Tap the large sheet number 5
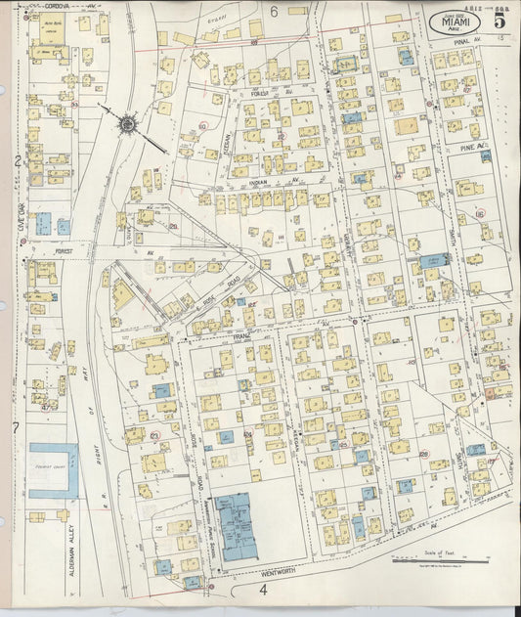(x=499, y=18)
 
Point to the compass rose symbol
(x=127, y=123)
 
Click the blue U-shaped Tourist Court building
(x=53, y=470)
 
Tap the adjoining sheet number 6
(x=275, y=11)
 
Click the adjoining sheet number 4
(x=263, y=590)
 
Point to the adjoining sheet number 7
(x=16, y=428)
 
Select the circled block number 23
(x=154, y=435)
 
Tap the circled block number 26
(x=423, y=454)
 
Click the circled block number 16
(x=479, y=213)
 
